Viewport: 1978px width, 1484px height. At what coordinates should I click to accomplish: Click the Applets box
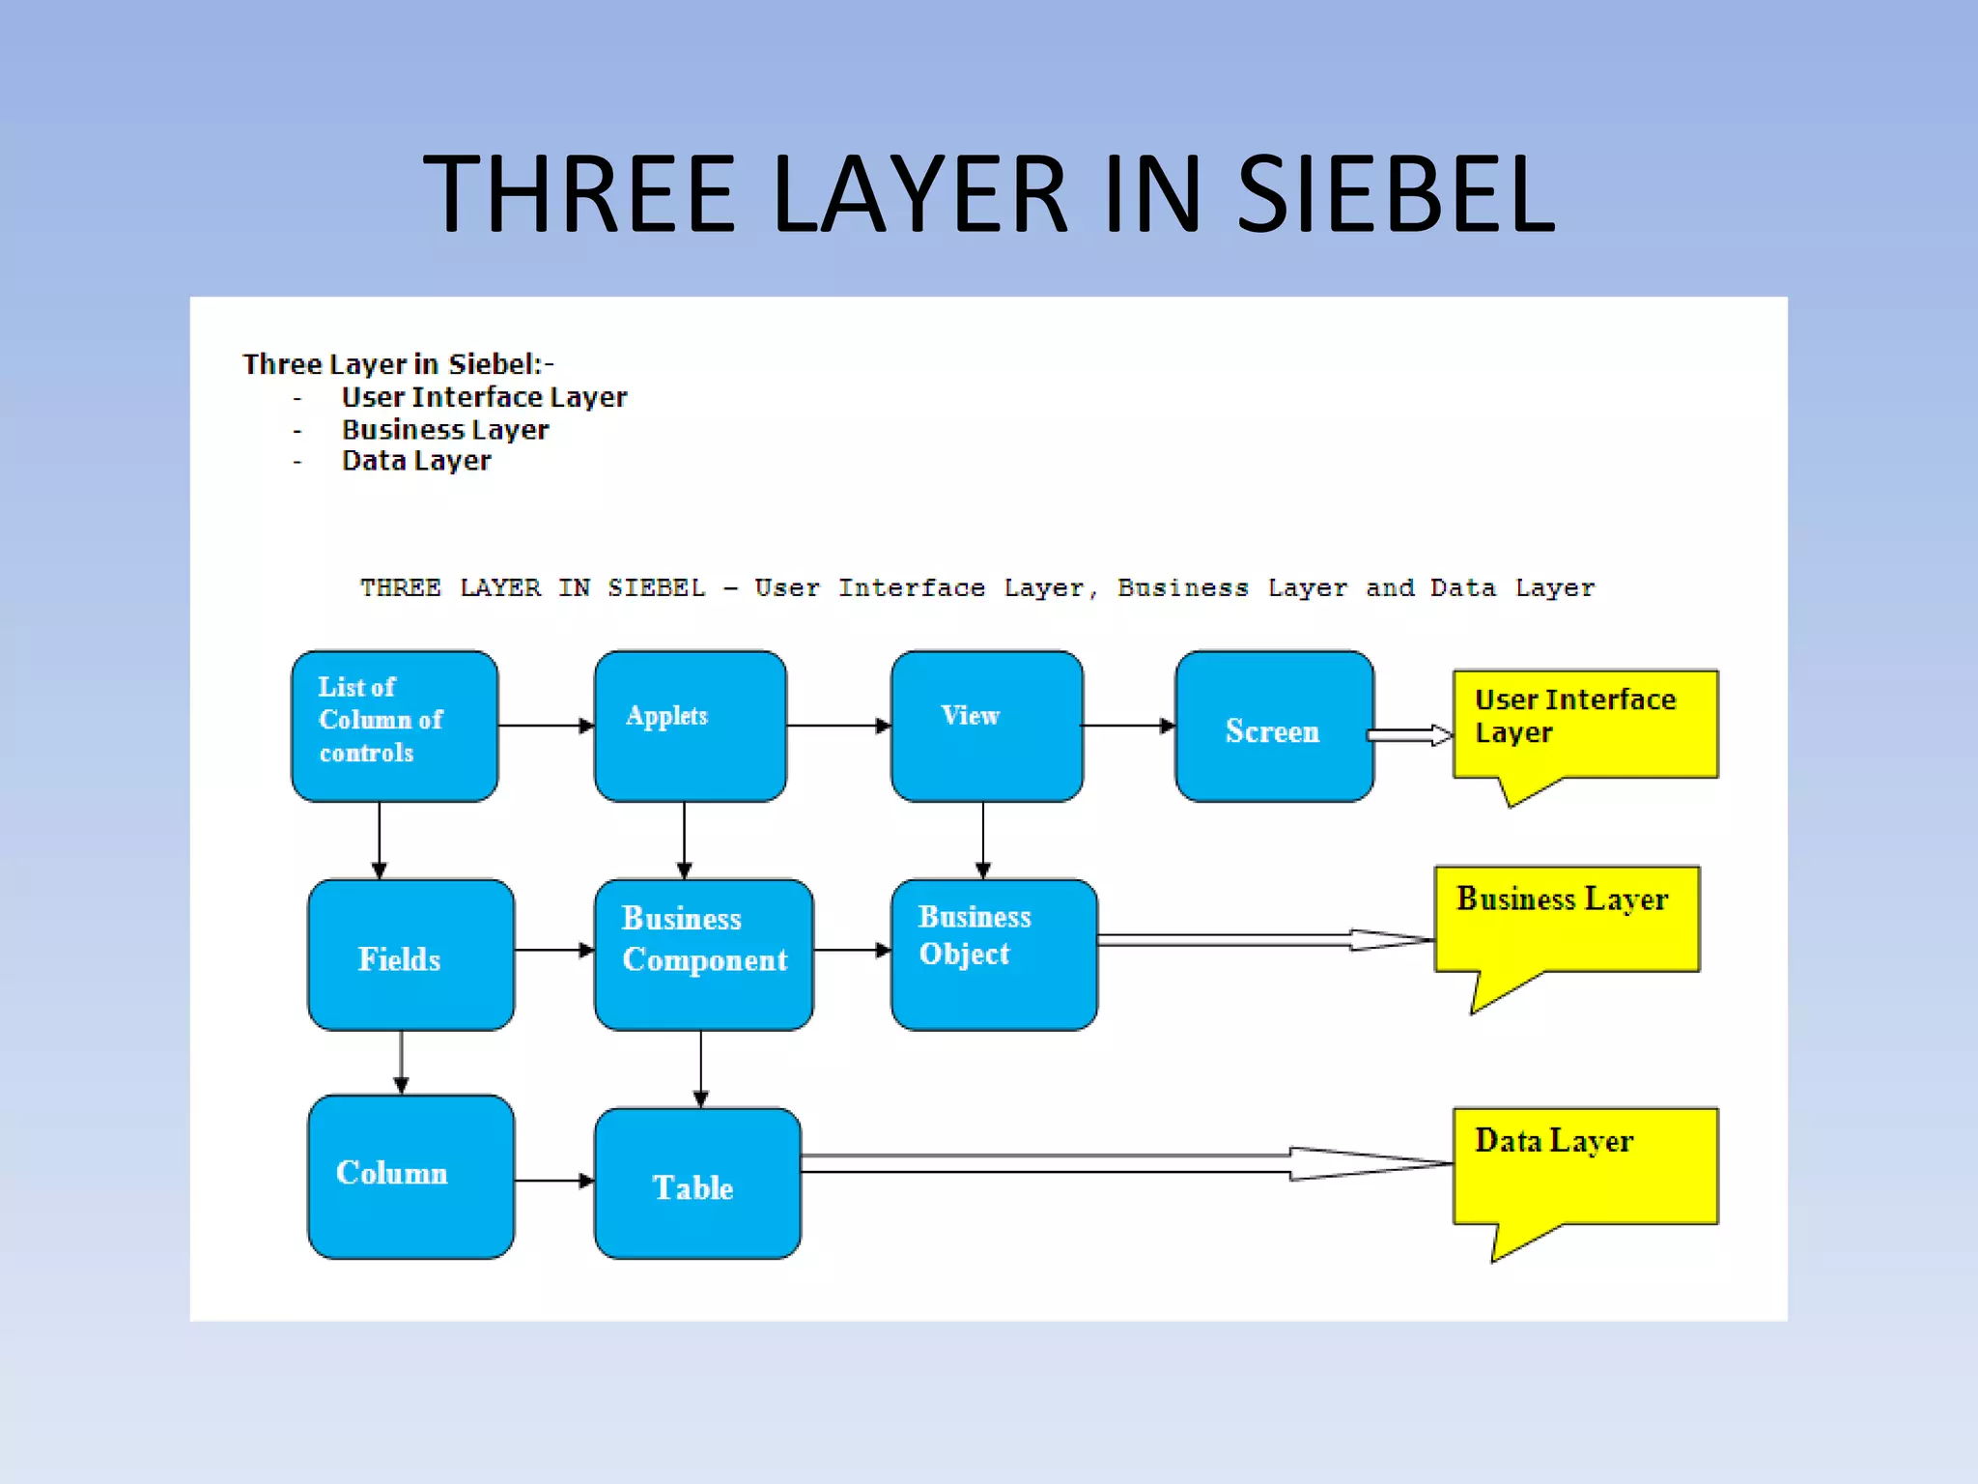pyautogui.click(x=690, y=726)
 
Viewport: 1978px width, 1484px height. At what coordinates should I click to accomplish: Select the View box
pyautogui.click(x=986, y=726)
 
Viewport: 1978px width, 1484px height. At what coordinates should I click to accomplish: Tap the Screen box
pyautogui.click(x=1274, y=727)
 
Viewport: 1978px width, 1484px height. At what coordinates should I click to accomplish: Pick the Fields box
pyautogui.click(x=410, y=955)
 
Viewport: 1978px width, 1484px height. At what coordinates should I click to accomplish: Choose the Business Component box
pyautogui.click(x=703, y=955)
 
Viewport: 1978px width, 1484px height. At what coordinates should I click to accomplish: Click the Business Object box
pyautogui.click(x=994, y=955)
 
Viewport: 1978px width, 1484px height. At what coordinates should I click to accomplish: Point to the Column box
pyautogui.click(x=410, y=1176)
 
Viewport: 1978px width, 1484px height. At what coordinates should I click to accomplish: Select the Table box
pyautogui.click(x=697, y=1184)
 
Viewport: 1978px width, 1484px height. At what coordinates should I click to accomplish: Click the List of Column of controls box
pyautogui.click(x=394, y=726)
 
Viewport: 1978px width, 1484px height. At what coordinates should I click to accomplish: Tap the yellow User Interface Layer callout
pyautogui.click(x=1585, y=725)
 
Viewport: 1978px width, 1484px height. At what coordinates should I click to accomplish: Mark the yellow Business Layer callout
pyautogui.click(x=1567, y=919)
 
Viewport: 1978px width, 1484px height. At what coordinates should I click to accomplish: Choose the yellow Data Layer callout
pyautogui.click(x=1585, y=1166)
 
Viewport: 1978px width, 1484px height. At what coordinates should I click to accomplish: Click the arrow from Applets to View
pyautogui.click(x=837, y=726)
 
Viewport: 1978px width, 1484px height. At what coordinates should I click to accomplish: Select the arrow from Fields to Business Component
pyautogui.click(x=553, y=951)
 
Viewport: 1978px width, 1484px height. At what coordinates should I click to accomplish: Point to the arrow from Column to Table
pyautogui.click(x=553, y=1181)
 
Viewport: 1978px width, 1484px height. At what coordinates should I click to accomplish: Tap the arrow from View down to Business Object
pyautogui.click(x=983, y=840)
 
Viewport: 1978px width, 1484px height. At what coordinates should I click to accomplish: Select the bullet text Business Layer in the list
pyautogui.click(x=445, y=430)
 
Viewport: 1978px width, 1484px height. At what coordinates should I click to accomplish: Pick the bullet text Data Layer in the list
pyautogui.click(x=416, y=461)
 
